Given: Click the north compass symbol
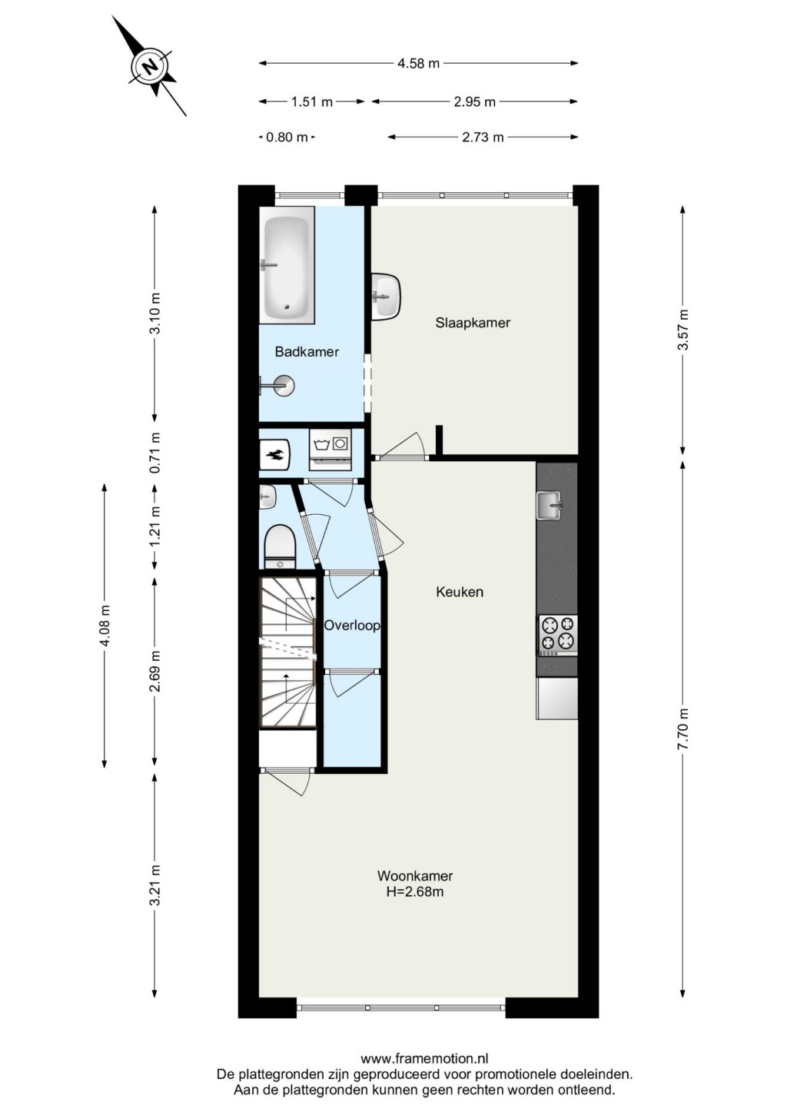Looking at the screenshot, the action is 149,66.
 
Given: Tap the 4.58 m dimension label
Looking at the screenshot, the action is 419,64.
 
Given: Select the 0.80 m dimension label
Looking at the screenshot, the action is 287,137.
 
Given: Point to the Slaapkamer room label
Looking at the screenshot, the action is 473,323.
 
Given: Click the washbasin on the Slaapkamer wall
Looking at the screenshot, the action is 386,297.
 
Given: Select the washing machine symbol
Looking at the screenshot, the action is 330,449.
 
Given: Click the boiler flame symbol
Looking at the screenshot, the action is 274,454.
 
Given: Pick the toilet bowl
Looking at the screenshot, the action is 280,547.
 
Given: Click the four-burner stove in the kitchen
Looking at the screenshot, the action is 558,635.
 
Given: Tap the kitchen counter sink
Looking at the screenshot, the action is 550,506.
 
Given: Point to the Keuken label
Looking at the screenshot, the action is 460,592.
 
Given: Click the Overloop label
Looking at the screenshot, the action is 352,626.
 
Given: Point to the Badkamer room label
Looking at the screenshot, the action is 307,352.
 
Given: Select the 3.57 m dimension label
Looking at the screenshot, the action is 683,330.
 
